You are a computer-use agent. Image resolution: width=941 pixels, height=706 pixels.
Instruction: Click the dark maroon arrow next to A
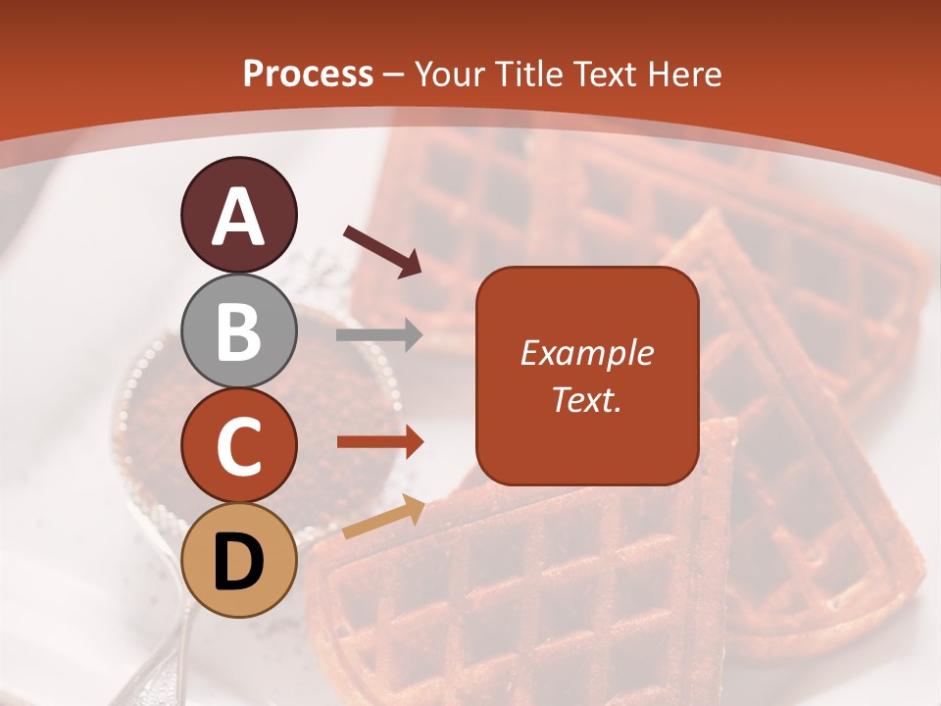pos(382,250)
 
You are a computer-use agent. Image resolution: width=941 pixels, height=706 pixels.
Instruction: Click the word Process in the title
pos(308,74)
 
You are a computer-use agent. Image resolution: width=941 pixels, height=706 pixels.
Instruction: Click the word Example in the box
pos(586,353)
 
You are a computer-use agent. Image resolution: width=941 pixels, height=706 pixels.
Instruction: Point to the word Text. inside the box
pos(586,399)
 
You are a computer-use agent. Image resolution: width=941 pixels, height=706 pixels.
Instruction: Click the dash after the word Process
pos(394,75)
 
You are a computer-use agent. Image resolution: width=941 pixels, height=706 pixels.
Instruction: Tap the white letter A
pos(238,216)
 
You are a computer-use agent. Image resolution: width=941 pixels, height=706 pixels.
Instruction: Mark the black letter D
pos(238,562)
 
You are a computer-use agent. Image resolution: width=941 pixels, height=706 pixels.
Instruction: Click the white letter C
pos(238,446)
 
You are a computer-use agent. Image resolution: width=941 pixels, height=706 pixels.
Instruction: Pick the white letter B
pos(238,331)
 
